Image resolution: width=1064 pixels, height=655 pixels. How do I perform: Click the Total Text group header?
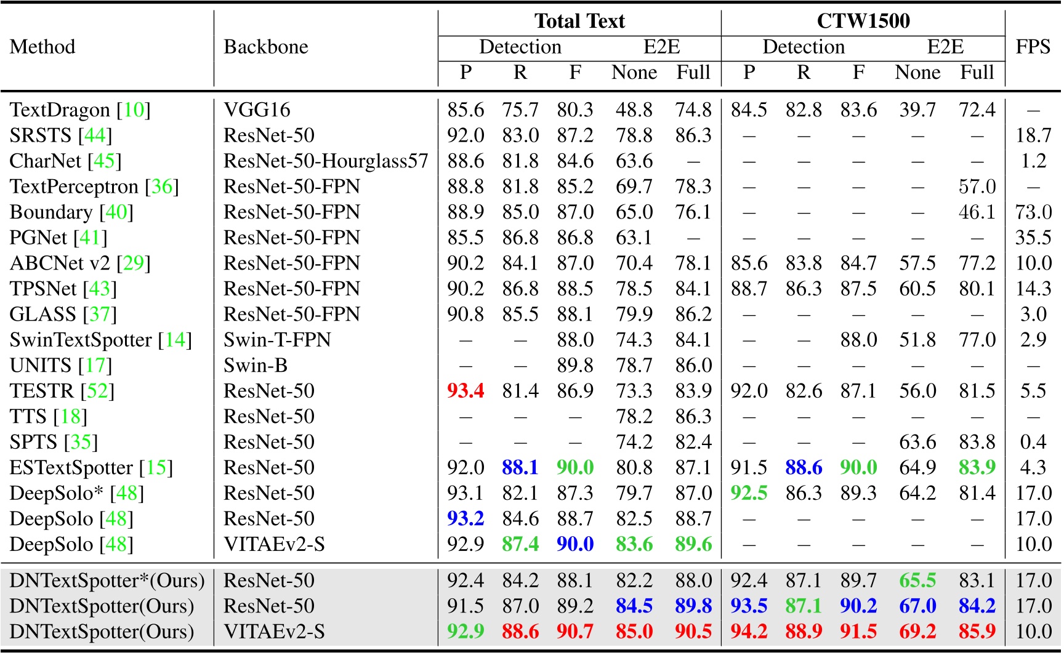pyautogui.click(x=579, y=21)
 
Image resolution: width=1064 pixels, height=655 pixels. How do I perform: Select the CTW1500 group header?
pyautogui.click(x=863, y=21)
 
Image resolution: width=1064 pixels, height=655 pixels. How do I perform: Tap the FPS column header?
pyautogui.click(x=1033, y=47)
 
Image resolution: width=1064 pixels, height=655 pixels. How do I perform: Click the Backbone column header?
pyautogui.click(x=265, y=47)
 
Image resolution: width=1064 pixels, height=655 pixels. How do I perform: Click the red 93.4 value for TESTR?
pyautogui.click(x=465, y=391)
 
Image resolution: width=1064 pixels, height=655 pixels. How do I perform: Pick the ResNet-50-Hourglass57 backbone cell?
pyautogui.click(x=325, y=161)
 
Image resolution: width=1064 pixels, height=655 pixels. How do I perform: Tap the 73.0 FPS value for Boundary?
pyautogui.click(x=1033, y=212)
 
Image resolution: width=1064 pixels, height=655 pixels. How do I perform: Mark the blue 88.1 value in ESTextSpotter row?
pyautogui.click(x=520, y=468)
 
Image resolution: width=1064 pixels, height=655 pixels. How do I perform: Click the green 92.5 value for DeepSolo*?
pyautogui.click(x=749, y=493)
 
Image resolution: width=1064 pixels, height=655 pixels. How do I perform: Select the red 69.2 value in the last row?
pyautogui.click(x=917, y=632)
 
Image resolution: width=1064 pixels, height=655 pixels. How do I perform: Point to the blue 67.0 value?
pyautogui.click(x=917, y=606)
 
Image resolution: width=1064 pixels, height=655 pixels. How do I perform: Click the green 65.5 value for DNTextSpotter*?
pyautogui.click(x=917, y=581)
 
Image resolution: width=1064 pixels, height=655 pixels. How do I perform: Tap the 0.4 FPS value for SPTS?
pyautogui.click(x=1033, y=442)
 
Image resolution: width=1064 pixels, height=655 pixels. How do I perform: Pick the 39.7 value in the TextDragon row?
pyautogui.click(x=917, y=110)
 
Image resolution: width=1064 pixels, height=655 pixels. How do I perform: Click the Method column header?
pyautogui.click(x=42, y=47)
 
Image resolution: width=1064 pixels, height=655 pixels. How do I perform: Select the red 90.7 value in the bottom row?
pyautogui.click(x=575, y=632)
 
